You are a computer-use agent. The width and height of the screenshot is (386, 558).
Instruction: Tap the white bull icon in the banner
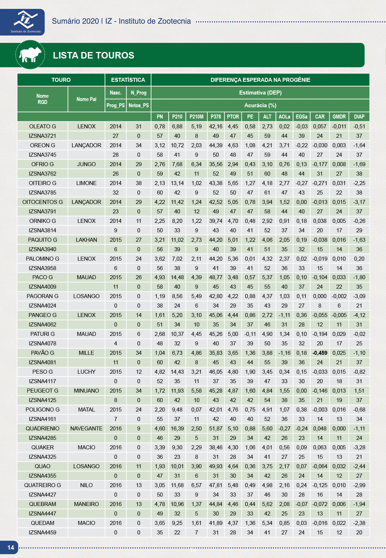[x=31, y=55]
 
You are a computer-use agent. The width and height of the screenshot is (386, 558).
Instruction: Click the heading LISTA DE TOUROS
[x=93, y=55]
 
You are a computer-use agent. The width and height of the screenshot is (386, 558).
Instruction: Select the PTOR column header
[x=233, y=117]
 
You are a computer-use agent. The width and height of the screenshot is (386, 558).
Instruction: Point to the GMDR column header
[x=339, y=117]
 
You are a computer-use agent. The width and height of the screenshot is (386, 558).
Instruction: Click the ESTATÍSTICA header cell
[x=128, y=80]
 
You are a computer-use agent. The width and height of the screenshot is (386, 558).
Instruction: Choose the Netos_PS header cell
[x=139, y=105]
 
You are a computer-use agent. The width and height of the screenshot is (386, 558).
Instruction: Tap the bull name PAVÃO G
[x=42, y=353]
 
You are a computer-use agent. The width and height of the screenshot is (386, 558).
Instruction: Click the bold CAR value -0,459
[x=320, y=353]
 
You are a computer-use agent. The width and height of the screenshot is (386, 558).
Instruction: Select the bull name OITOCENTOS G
[x=42, y=202]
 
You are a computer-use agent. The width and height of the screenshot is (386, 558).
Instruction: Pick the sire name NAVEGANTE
[x=86, y=429]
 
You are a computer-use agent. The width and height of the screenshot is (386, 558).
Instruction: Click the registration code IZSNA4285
[x=42, y=438]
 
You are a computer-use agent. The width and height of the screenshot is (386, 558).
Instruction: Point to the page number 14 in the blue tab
[x=11, y=547]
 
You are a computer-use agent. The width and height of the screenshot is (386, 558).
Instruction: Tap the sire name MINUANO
[x=86, y=391]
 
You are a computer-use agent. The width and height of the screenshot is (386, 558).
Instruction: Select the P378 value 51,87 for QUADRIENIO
[x=216, y=429]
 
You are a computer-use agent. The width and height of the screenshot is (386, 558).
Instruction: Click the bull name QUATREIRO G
[x=42, y=485]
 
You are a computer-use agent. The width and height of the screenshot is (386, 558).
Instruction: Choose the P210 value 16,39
[x=177, y=429]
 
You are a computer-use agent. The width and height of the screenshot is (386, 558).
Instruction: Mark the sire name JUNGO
[x=86, y=164]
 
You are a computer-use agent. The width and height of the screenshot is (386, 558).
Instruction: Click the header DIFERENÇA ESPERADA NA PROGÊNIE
[x=260, y=80]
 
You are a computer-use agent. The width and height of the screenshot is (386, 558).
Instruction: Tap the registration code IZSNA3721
[x=42, y=136]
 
